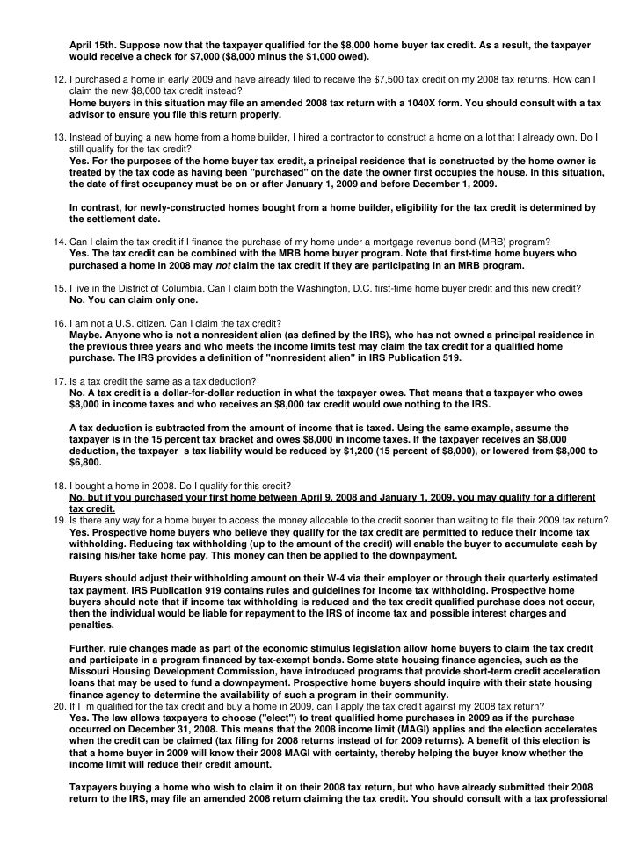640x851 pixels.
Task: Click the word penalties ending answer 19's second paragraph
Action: (x=91, y=624)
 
